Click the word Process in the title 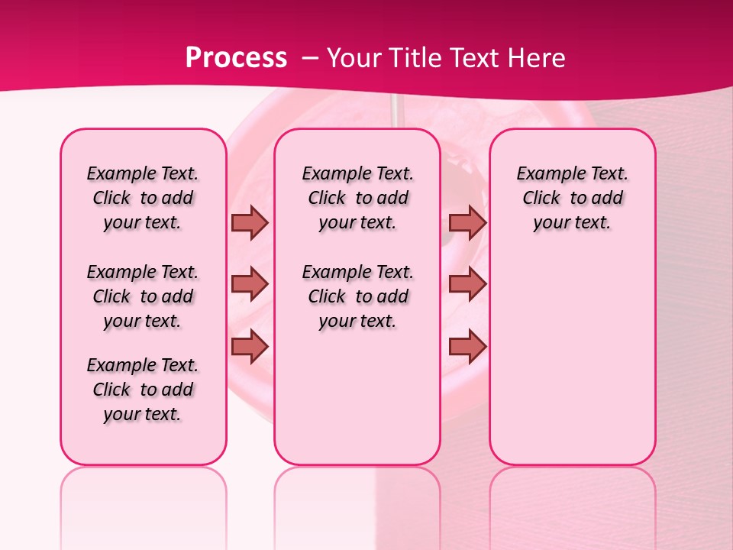[236, 58]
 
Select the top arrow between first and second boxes [250, 222]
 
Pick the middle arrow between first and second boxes [250, 284]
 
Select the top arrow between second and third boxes [467, 222]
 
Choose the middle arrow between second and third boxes [467, 284]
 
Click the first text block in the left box [143, 198]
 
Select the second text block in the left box [143, 296]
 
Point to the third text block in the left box [143, 390]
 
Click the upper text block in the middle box [357, 198]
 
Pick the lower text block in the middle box [357, 296]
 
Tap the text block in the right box [572, 198]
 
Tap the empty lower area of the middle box [357, 397]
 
